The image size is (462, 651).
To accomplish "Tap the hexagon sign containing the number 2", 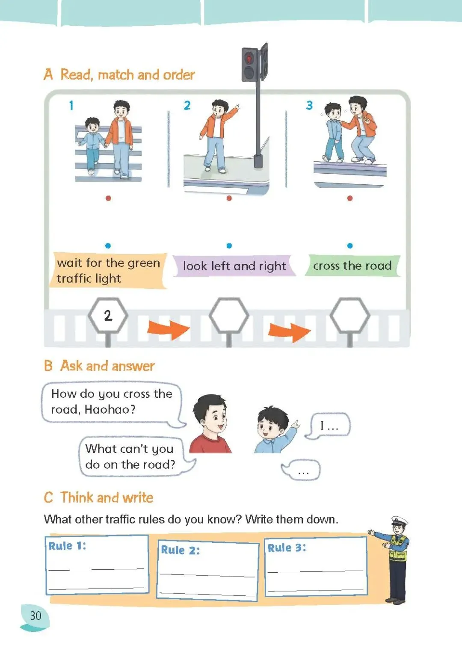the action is coord(108,315).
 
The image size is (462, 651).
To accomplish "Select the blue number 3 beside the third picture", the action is coord(309,105).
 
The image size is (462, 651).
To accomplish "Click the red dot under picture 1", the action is coord(108,198).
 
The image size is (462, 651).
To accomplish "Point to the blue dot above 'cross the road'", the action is coord(350,246).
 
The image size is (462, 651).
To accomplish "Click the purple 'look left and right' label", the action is coord(234,266).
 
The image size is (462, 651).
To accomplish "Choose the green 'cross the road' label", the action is coord(352,265).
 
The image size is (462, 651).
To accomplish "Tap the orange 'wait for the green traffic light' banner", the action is coord(108,271).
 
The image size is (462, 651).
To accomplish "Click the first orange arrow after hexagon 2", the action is coord(169,330).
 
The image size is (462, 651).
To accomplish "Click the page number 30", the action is coord(36,615).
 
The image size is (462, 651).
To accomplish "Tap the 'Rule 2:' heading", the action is coord(180,550).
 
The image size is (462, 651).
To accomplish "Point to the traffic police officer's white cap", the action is coord(399,520).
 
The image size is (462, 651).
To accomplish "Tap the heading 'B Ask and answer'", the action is coord(99,366).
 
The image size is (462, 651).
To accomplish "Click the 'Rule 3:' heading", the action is coord(287,548).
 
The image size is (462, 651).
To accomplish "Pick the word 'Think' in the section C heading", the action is coord(77,497).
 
